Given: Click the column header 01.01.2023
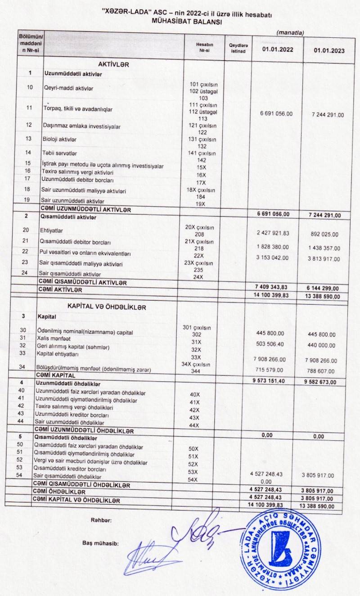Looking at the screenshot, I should click(x=329, y=50).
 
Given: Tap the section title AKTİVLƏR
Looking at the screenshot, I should click(x=113, y=64).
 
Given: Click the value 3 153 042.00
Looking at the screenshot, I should click(x=272, y=257).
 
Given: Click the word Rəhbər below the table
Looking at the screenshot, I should click(x=102, y=520).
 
